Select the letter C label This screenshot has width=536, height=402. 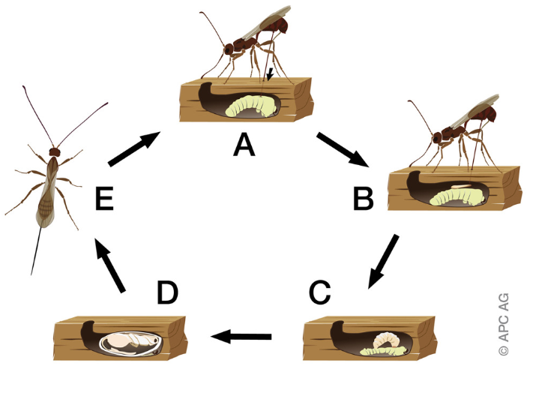pyautogui.click(x=319, y=292)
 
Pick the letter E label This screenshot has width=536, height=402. pyautogui.click(x=104, y=199)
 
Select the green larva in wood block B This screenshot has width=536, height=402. pyautogui.click(x=458, y=196)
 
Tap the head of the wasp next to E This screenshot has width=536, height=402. pyautogui.click(x=53, y=151)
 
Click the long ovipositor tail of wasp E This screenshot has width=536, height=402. pyautogui.click(x=35, y=251)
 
